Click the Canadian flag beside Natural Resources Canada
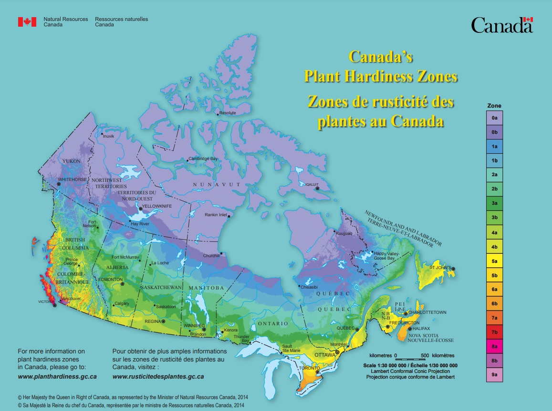pyautogui.click(x=27, y=22)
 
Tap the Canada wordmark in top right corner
pyautogui.click(x=502, y=25)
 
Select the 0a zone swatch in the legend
pyautogui.click(x=494, y=117)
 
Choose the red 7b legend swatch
pyautogui.click(x=494, y=332)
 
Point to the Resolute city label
pyautogui.click(x=227, y=113)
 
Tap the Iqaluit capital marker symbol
pyautogui.click(x=316, y=189)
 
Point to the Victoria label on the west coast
pyautogui.click(x=47, y=302)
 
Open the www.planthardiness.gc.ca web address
pyautogui.click(x=57, y=376)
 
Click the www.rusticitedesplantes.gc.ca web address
pyautogui.click(x=158, y=376)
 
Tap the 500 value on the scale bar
pyautogui.click(x=427, y=355)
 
